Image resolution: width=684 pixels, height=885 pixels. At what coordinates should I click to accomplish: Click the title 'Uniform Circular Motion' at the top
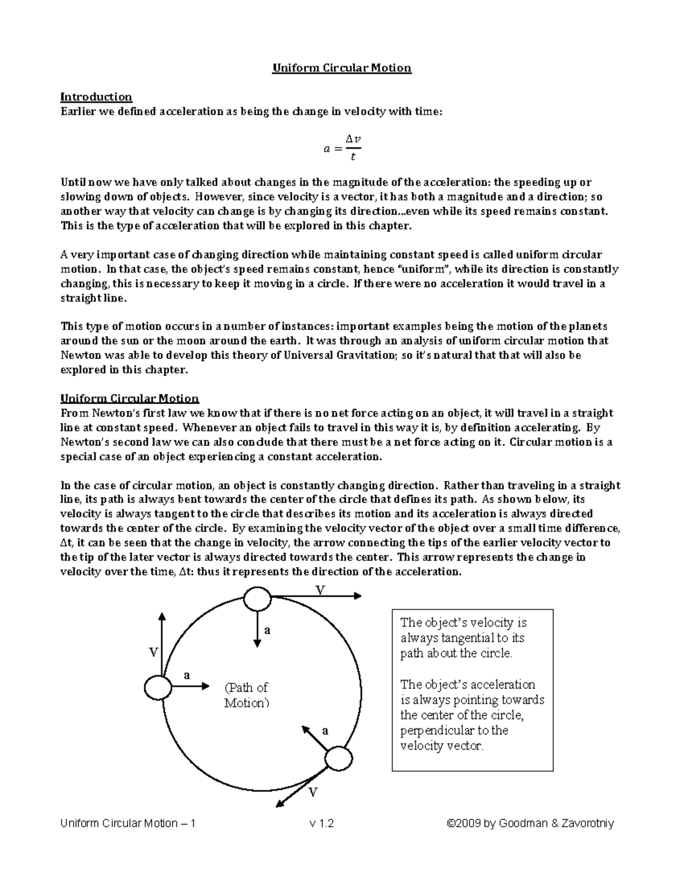click(x=341, y=68)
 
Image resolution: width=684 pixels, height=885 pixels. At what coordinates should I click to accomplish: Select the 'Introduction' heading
click(x=96, y=97)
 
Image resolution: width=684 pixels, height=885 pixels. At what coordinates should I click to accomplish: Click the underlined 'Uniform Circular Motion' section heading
click(x=129, y=398)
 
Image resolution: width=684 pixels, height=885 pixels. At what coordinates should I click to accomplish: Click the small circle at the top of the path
click(x=257, y=599)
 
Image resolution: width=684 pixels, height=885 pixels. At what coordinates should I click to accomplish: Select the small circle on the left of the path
click(x=158, y=687)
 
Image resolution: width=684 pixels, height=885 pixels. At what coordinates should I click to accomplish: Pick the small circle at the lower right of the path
click(x=339, y=759)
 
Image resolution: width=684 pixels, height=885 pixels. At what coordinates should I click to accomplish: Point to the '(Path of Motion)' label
click(x=246, y=695)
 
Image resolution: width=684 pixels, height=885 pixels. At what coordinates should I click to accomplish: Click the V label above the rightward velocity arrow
click(x=320, y=590)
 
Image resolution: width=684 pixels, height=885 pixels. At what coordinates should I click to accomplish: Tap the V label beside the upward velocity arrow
click(x=153, y=653)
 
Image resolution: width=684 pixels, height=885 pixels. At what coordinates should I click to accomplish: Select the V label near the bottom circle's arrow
click(x=313, y=792)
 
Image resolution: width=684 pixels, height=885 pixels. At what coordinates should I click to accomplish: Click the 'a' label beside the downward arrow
click(x=267, y=630)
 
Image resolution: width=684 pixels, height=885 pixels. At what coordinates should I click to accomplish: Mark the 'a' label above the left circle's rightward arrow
click(x=186, y=675)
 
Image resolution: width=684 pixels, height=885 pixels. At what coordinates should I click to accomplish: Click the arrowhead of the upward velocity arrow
click(x=162, y=616)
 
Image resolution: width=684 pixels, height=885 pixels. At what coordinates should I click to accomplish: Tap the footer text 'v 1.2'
click(x=321, y=823)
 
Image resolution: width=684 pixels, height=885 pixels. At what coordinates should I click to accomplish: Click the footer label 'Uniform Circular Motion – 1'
click(x=128, y=823)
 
